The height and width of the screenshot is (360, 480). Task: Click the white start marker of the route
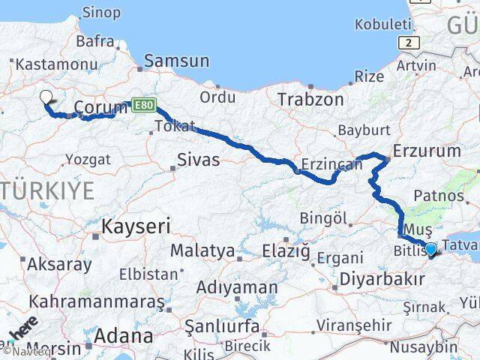pyautogui.click(x=46, y=97)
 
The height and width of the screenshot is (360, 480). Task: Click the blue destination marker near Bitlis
pyautogui.click(x=430, y=248)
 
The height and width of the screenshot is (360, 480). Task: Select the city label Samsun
pyautogui.click(x=176, y=61)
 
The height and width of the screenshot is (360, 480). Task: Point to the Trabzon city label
pyautogui.click(x=310, y=99)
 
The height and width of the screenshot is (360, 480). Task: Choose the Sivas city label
pyautogui.click(x=199, y=160)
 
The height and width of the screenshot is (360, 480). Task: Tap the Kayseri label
pyautogui.click(x=136, y=226)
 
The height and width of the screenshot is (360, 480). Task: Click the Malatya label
pyautogui.click(x=202, y=250)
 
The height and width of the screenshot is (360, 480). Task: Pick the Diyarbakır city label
pyautogui.click(x=372, y=280)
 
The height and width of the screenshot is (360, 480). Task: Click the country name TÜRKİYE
pyautogui.click(x=47, y=190)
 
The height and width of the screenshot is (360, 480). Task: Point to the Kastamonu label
pyautogui.click(x=46, y=65)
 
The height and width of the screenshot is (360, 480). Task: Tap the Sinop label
pyautogui.click(x=100, y=12)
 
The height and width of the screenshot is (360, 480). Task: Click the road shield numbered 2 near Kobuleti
pyautogui.click(x=409, y=43)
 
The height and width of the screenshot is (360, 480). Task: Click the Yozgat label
pyautogui.click(x=88, y=159)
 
